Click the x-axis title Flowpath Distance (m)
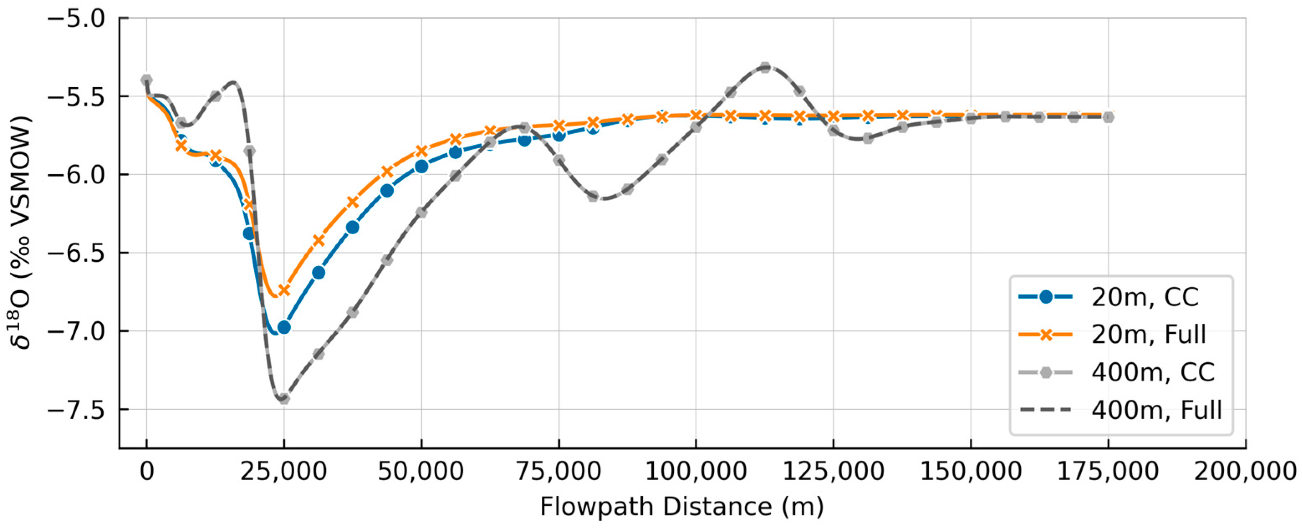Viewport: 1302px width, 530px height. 681,507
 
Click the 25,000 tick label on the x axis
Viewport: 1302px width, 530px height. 283,472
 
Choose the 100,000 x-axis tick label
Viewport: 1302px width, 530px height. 696,472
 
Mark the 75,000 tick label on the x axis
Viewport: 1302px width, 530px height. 558,472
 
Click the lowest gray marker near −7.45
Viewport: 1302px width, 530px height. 284,398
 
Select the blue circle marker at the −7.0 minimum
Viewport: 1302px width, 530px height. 284,327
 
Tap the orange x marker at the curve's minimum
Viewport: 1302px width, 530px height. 284,290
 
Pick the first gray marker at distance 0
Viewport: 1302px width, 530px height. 147,80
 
